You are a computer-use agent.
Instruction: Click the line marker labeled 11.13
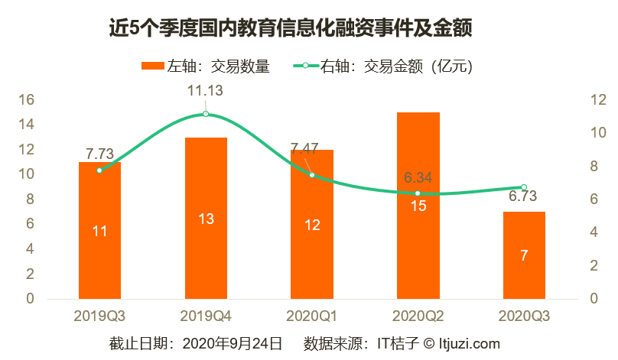(206, 114)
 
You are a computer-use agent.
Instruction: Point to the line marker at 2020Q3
(524, 187)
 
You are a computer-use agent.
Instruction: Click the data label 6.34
(418, 177)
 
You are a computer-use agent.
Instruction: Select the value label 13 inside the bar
(206, 219)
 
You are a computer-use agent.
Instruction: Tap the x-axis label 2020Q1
(311, 316)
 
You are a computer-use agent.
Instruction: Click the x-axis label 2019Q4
(206, 316)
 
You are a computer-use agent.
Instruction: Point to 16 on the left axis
(26, 99)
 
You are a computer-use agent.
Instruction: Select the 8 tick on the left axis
(29, 199)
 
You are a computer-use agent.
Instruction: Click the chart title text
(290, 29)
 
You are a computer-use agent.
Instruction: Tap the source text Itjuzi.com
(467, 343)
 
